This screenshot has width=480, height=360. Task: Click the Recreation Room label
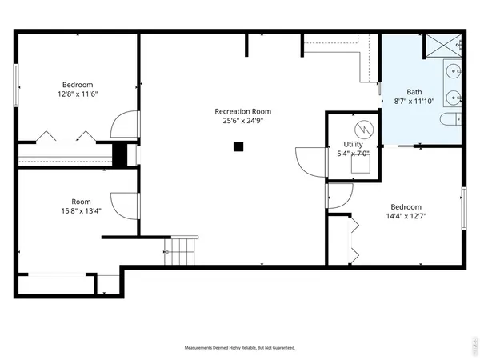point(242,111)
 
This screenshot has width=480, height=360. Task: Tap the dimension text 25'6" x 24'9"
point(242,122)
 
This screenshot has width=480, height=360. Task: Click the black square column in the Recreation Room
point(238,146)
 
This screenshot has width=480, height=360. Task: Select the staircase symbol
point(182,251)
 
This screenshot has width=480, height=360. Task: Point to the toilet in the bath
point(449,119)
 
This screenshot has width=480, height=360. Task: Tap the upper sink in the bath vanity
point(454,72)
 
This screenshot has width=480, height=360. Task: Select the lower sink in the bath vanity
point(454,98)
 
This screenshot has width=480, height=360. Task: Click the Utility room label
point(352,144)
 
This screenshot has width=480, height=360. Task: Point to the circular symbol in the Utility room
point(362,128)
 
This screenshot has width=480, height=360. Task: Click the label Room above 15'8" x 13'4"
point(81,202)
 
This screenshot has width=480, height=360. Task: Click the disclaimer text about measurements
point(240,348)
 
